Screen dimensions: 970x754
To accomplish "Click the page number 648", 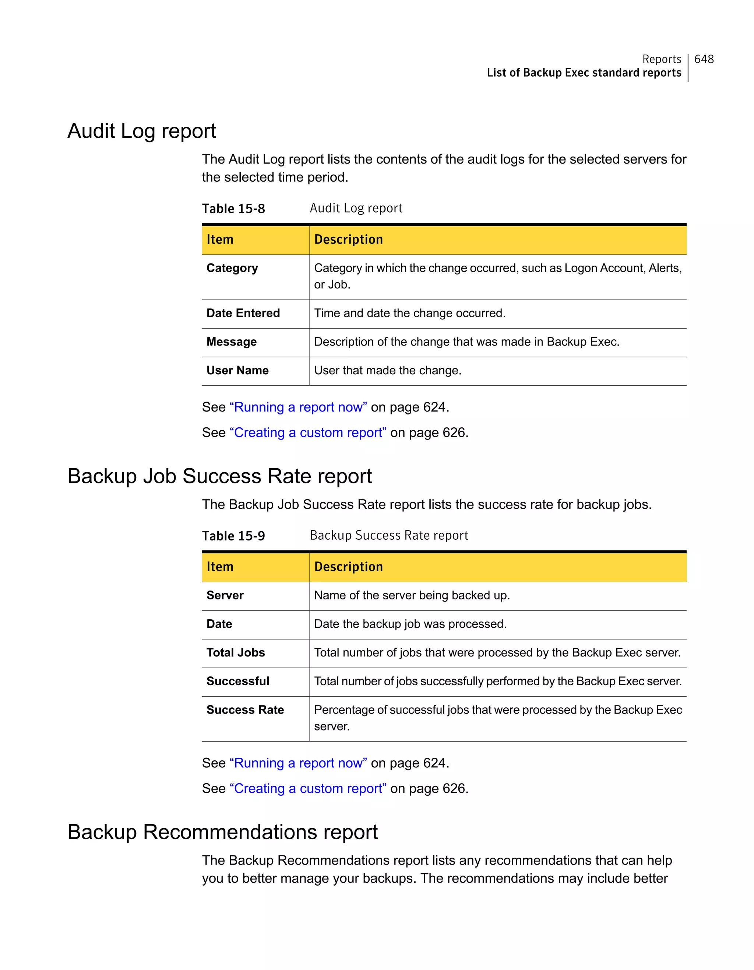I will tap(704, 59).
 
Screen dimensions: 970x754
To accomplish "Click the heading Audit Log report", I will tap(142, 131).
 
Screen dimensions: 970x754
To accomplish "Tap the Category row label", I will tap(232, 268).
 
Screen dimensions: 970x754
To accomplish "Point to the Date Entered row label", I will tap(243, 313).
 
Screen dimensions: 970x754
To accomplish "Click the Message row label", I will tap(232, 342).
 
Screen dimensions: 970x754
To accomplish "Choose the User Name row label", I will tap(237, 370).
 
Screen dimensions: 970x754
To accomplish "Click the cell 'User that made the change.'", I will tap(387, 370).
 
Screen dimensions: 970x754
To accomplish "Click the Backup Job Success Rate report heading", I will tap(220, 476).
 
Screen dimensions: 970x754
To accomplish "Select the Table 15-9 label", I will tap(233, 536).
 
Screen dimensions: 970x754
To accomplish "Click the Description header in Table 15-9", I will tap(348, 567).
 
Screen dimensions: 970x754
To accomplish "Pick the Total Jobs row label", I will tap(236, 652).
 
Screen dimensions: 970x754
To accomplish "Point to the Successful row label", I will tap(238, 681).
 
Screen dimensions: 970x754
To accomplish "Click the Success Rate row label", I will tap(245, 710).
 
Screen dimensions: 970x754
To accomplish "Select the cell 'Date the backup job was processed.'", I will tap(410, 624).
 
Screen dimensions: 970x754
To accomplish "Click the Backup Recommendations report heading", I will tap(222, 832).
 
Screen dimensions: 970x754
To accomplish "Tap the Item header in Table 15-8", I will tap(220, 239).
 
